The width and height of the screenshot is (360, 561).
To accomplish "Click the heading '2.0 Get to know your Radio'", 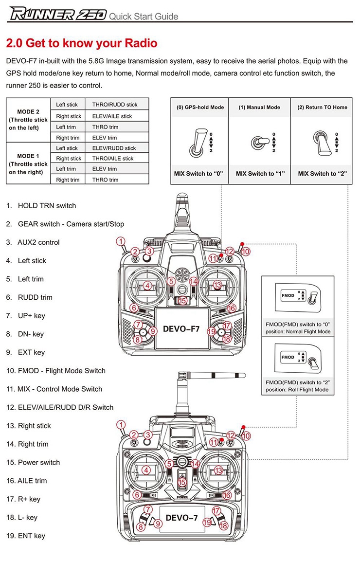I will coord(82,43).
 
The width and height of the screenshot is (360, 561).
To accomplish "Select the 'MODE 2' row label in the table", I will coord(28,111).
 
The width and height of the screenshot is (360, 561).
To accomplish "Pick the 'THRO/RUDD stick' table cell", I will coord(114,105).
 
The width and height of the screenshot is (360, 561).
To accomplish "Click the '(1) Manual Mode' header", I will coord(259,107).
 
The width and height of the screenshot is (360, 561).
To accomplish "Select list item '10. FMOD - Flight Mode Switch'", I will coord(56,371).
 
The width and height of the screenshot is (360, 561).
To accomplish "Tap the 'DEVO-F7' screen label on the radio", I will coord(181,329).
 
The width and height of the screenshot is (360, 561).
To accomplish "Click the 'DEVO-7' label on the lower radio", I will coord(181,518).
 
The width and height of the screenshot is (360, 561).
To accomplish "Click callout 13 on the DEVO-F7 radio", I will coord(217,285).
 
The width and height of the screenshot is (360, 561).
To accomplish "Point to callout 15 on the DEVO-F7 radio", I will coord(182,301).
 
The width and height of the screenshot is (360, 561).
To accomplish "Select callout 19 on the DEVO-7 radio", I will coord(207,522).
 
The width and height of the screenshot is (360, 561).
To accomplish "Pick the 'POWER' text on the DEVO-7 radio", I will coord(182,497).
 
